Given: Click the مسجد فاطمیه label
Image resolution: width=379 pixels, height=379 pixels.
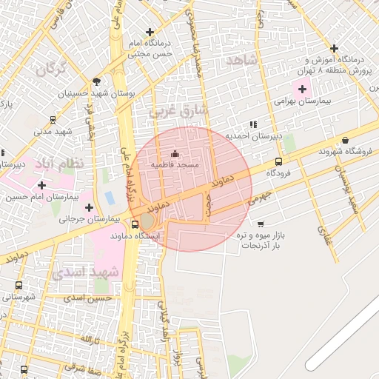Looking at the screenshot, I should click(x=175, y=164).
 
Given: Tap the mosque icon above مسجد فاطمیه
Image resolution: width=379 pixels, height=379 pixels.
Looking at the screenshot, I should click(x=175, y=153).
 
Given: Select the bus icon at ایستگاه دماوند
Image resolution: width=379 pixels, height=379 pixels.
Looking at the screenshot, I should click(x=135, y=224).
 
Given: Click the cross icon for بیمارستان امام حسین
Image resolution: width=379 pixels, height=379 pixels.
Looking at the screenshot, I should click(x=41, y=185).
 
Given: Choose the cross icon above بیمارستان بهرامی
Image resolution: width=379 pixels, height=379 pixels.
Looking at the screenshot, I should click(x=303, y=89).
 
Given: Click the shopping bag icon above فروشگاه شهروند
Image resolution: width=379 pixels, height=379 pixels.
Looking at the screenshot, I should click(x=345, y=140).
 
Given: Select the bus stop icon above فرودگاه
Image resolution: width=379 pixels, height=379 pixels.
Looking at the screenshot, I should click(x=278, y=161).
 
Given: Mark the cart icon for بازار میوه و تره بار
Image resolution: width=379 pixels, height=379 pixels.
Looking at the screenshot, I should click(x=260, y=224).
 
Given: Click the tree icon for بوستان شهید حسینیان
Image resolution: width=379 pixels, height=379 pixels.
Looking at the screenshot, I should click(x=96, y=81).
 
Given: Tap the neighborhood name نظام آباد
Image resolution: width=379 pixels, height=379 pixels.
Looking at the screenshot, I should click(x=59, y=162).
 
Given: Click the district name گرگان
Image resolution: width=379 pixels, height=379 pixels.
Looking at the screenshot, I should click(x=50, y=70).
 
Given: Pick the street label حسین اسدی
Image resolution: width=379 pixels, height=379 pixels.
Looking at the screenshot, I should click(x=87, y=298).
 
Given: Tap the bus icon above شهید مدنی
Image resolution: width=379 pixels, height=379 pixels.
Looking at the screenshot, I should click(x=53, y=120).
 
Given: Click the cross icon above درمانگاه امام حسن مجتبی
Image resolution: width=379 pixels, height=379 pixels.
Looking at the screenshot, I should click(x=150, y=32).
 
